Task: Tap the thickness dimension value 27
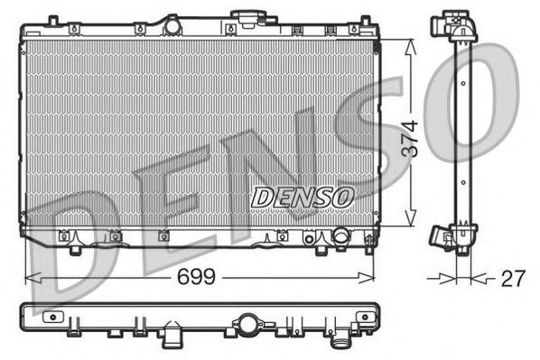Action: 512,278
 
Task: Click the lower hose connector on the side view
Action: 442,236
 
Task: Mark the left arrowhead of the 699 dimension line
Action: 28,276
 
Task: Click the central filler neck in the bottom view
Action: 246,321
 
